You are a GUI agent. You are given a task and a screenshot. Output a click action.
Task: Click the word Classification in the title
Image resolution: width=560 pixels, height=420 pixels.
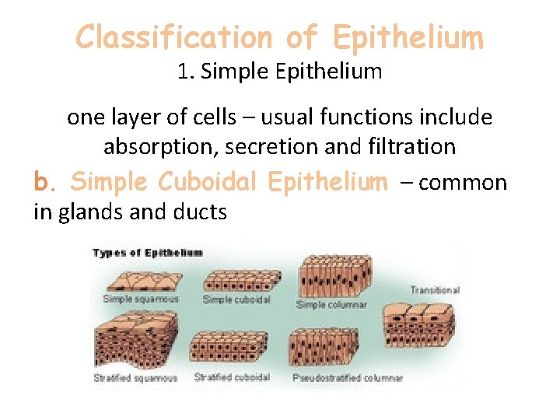(173, 37)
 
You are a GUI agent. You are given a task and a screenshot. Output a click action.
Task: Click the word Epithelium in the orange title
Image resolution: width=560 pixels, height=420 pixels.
(407, 37)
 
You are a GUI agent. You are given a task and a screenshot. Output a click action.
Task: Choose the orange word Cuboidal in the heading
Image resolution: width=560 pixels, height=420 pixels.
(208, 182)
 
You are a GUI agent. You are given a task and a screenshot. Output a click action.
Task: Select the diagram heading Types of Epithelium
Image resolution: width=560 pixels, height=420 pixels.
(148, 253)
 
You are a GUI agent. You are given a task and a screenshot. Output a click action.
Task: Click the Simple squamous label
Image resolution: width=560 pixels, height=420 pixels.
(141, 299)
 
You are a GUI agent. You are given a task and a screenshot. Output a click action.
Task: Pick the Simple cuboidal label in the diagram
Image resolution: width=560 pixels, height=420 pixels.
(236, 299)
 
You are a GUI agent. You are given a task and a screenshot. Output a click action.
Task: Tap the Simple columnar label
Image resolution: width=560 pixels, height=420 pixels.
(332, 305)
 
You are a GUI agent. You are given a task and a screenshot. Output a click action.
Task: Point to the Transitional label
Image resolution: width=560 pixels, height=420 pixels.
(435, 290)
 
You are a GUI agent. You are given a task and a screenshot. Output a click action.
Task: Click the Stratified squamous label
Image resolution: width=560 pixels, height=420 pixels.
(135, 378)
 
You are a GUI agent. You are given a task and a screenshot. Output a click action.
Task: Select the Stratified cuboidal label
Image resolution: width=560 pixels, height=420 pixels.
(232, 377)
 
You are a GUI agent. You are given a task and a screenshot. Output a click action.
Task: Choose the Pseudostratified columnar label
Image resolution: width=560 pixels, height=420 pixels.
(348, 378)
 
